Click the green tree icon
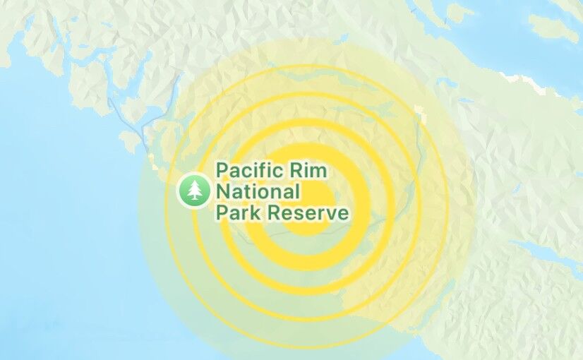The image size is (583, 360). (x=194, y=190)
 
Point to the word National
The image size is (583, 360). (x=258, y=191)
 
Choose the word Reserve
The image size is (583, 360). (x=306, y=212)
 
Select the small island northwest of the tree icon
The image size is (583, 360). (x=129, y=141)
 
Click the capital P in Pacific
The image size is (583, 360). (x=222, y=171)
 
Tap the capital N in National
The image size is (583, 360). (x=223, y=191)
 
